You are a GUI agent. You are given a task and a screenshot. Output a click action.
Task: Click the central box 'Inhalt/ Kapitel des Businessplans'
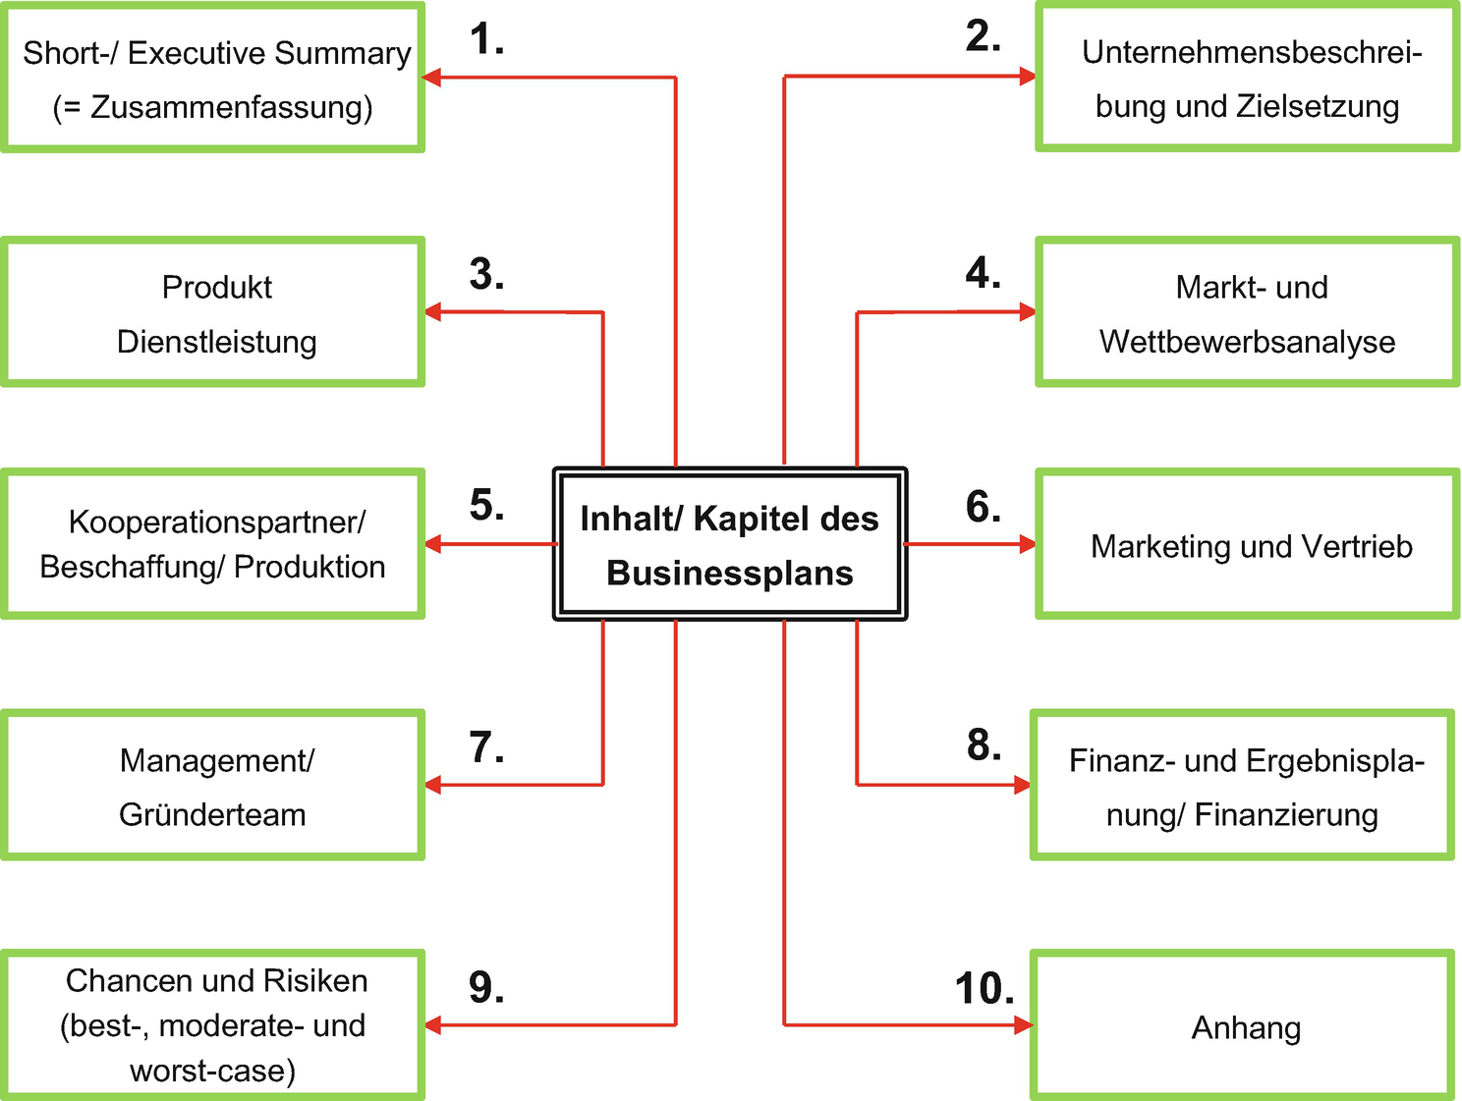[730, 544]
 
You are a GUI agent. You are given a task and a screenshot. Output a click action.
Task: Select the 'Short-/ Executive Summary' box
[213, 79]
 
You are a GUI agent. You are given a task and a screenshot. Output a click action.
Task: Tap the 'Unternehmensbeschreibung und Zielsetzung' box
[1247, 79]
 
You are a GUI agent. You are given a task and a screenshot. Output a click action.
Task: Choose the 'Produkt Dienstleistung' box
[213, 312]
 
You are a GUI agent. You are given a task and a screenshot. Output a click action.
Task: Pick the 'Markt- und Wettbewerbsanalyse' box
[1247, 312]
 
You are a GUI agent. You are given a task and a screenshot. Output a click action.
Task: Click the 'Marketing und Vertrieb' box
[1247, 545]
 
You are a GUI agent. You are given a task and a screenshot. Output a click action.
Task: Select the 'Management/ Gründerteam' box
[213, 786]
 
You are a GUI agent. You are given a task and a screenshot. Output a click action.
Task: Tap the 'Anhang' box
[1243, 1026]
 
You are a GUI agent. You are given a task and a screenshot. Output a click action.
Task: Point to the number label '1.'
[486, 40]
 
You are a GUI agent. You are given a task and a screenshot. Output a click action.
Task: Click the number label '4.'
[983, 273]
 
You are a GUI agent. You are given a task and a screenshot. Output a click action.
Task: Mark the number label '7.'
[486, 747]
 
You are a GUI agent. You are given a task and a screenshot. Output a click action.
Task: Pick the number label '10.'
[984, 989]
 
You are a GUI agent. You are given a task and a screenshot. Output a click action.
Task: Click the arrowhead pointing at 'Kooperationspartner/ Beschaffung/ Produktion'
[433, 544]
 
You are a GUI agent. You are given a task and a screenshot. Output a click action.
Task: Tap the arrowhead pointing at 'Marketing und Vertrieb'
[1028, 544]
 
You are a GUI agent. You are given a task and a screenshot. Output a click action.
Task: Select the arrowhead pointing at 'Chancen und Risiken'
[433, 1025]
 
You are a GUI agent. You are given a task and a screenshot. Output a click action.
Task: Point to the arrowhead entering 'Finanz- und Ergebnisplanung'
[1022, 785]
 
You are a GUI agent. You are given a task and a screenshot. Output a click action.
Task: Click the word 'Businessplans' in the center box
[730, 573]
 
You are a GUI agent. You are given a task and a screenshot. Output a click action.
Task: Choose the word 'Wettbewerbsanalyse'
[1247, 342]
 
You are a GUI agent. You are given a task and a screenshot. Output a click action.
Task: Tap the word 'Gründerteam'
[212, 815]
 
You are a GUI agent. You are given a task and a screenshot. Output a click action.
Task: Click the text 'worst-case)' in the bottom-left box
[212, 1071]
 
